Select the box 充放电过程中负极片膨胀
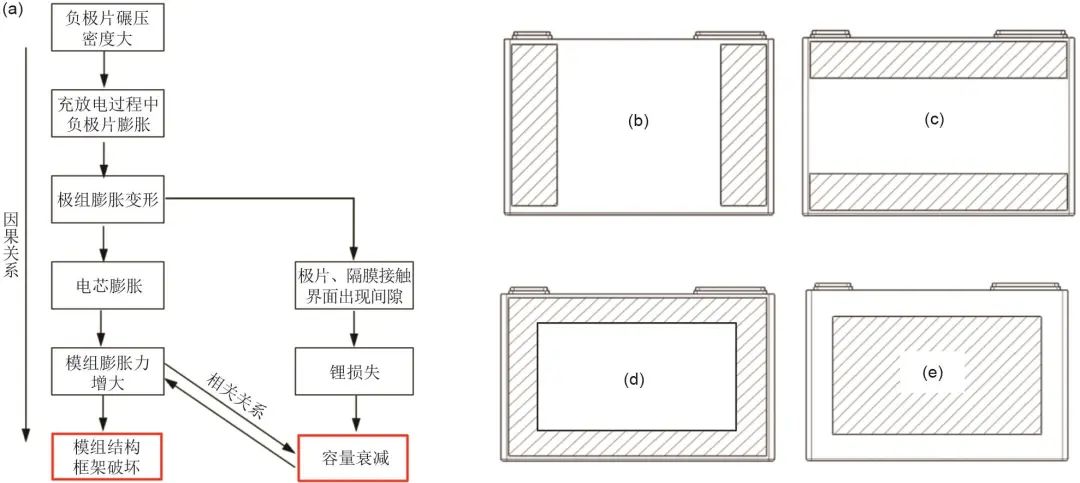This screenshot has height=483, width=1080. tap(104, 114)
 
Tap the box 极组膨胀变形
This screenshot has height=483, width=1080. tap(104, 200)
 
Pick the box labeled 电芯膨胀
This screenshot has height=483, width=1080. tap(104, 285)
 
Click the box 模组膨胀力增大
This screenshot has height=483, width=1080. tap(104, 370)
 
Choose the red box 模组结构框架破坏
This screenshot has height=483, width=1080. tap(104, 456)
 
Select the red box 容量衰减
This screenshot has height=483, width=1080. tap(352, 456)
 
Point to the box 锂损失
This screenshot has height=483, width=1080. tap(352, 370)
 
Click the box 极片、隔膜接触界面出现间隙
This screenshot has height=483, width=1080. tap(352, 285)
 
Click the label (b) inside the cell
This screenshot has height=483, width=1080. tap(638, 121)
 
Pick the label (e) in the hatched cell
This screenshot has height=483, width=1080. tap(935, 374)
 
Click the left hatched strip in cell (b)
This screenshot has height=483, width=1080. tap(533, 124)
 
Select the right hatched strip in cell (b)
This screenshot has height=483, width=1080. tap(741, 124)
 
